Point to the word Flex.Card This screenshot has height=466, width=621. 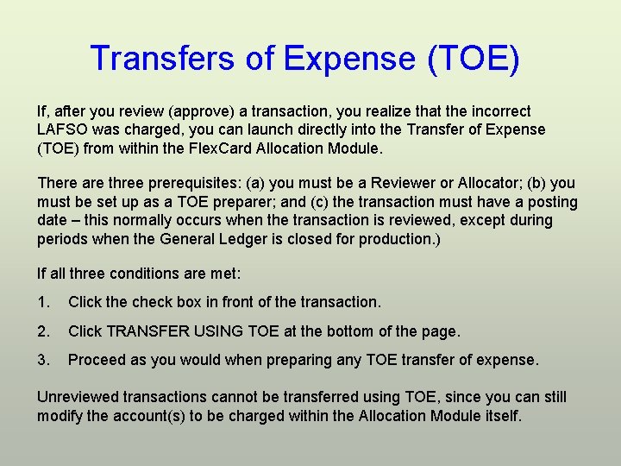coord(215,148)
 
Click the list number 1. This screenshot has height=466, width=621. coord(42,302)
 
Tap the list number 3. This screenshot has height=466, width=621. coord(42,359)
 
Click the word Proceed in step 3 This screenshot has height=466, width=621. coord(95,359)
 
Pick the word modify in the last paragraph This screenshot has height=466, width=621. coord(60,415)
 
